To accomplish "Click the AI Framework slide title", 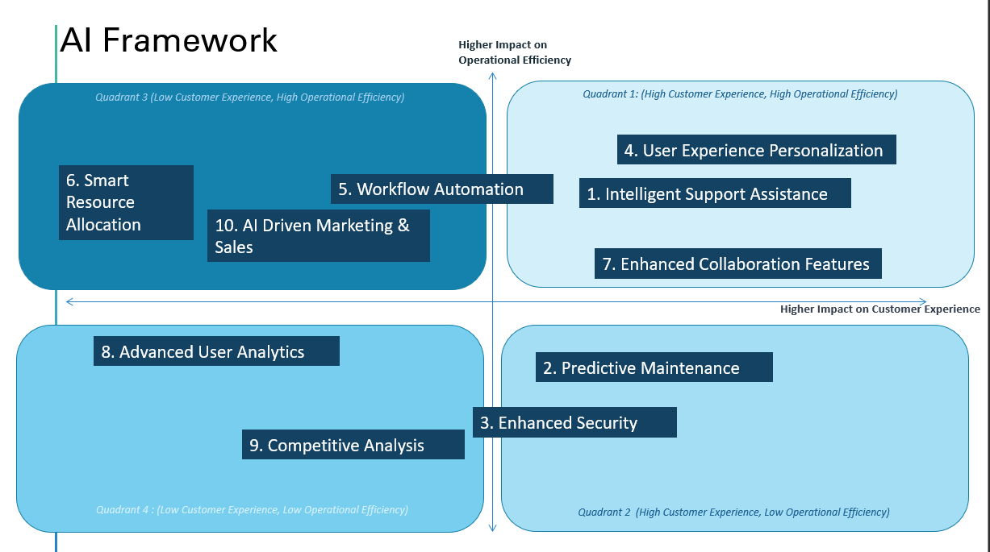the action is pos(169,40).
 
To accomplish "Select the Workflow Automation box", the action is pos(442,189).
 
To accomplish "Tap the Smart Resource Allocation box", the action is pos(126,202).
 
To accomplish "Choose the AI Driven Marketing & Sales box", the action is pos(318,235).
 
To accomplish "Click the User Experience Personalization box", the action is pos(757,150).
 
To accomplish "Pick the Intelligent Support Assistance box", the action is pos(715,193).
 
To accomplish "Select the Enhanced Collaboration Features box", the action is pos(738,264).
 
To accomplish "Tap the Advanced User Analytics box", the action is pos(216,351).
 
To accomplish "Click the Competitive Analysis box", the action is pos(353,445).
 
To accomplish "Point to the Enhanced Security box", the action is pos(574,422).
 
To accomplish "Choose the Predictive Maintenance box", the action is pos(654,367).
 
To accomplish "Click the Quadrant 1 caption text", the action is pos(740,94).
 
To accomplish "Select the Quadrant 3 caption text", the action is pos(249,97).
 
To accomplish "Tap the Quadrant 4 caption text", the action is pos(252,509).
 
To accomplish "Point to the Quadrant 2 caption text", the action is pos(733,512).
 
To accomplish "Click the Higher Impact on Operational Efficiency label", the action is pos(515,52).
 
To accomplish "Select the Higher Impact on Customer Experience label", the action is pos(880,309).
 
